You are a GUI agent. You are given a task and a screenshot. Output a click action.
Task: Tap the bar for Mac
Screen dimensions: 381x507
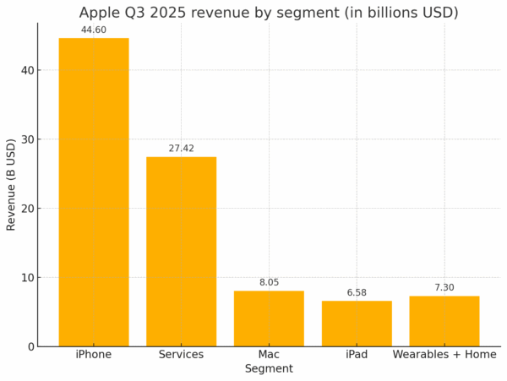pyautogui.click(x=269, y=318)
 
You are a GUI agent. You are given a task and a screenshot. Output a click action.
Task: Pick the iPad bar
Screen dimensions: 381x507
pyautogui.click(x=357, y=324)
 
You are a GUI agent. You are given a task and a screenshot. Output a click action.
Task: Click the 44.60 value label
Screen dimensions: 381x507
pyautogui.click(x=93, y=30)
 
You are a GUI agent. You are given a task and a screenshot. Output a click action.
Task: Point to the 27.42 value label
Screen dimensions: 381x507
pyautogui.click(x=181, y=149)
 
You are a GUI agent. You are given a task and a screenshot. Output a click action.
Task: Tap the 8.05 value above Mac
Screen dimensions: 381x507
pyautogui.click(x=269, y=283)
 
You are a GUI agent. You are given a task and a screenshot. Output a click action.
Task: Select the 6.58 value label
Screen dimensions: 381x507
pyautogui.click(x=357, y=293)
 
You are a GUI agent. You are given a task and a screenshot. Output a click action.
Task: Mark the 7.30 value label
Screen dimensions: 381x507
pyautogui.click(x=444, y=288)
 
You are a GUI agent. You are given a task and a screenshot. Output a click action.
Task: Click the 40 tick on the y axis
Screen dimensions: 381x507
pyautogui.click(x=27, y=70)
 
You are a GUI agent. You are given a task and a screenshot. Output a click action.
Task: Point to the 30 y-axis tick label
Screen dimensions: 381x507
pyautogui.click(x=27, y=139)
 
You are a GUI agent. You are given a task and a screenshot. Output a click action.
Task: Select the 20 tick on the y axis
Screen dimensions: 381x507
pyautogui.click(x=27, y=209)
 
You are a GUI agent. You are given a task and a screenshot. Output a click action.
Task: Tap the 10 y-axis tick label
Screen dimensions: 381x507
pyautogui.click(x=27, y=277)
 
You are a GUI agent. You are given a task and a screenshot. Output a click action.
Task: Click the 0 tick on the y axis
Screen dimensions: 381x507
pyautogui.click(x=30, y=346)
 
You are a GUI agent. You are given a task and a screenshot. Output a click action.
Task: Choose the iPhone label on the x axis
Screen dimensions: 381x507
pyautogui.click(x=93, y=355)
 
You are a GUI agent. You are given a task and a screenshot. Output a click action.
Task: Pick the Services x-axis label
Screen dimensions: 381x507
pyautogui.click(x=181, y=355)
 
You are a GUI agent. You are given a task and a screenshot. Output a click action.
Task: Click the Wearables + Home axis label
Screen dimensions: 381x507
pyautogui.click(x=444, y=355)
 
